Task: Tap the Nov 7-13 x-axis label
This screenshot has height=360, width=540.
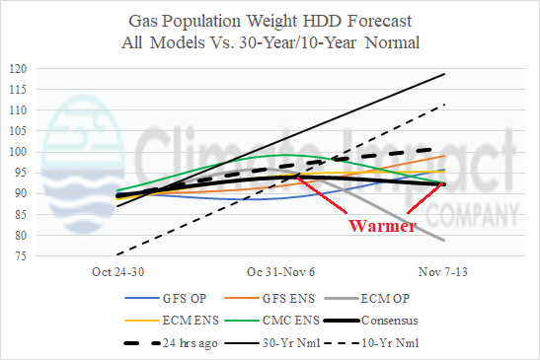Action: click(x=444, y=271)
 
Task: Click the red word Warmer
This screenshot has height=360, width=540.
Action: click(x=377, y=225)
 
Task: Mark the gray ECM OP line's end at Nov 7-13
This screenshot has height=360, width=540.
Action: click(x=444, y=240)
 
